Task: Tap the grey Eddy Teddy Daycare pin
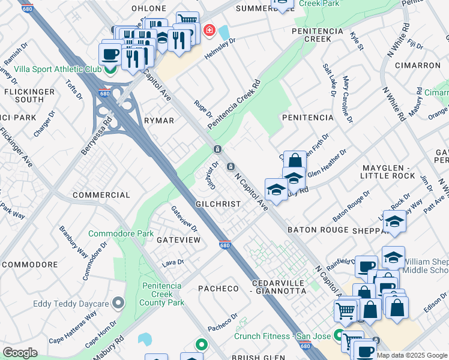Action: point(119,302)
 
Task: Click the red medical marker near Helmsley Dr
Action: point(209,30)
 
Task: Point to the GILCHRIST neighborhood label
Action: point(218,204)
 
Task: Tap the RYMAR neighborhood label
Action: point(159,121)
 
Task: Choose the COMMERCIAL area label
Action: point(101,195)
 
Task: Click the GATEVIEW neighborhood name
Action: point(178,239)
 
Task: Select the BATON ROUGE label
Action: point(318,230)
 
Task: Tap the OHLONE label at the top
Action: point(148,8)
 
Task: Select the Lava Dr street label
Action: point(172,263)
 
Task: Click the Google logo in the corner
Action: point(20,353)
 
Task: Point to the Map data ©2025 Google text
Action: point(412,355)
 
